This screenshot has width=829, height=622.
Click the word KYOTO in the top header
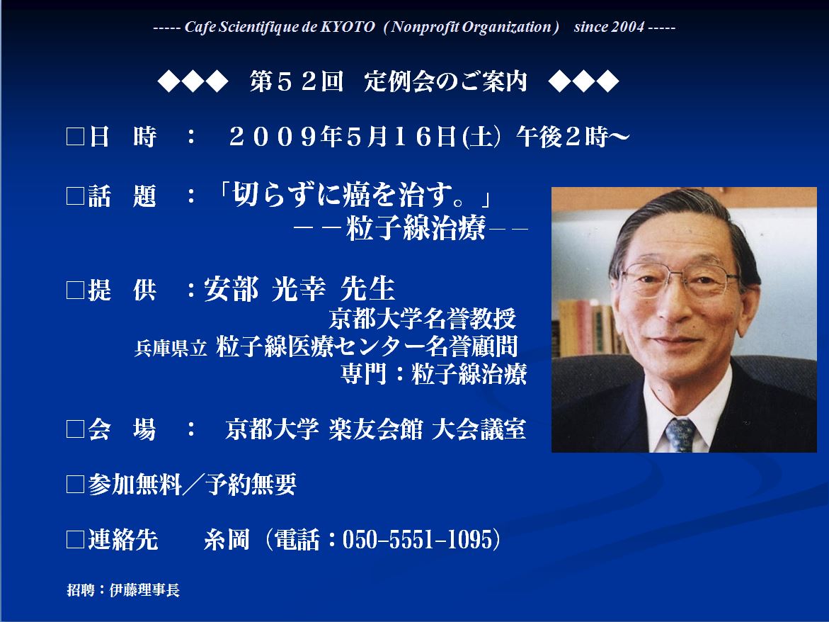click(348, 27)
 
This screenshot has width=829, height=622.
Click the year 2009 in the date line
click(274, 137)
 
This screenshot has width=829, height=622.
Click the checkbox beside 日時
click(76, 137)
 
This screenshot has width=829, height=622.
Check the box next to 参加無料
click(76, 484)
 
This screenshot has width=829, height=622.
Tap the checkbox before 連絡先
click(76, 540)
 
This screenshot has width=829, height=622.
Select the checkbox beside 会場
click(76, 429)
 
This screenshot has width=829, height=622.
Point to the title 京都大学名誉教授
click(422, 318)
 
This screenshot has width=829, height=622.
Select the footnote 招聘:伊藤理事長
click(123, 589)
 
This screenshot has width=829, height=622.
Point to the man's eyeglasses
click(680, 278)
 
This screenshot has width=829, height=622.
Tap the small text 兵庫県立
click(170, 348)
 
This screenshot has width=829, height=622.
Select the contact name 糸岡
click(227, 540)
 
